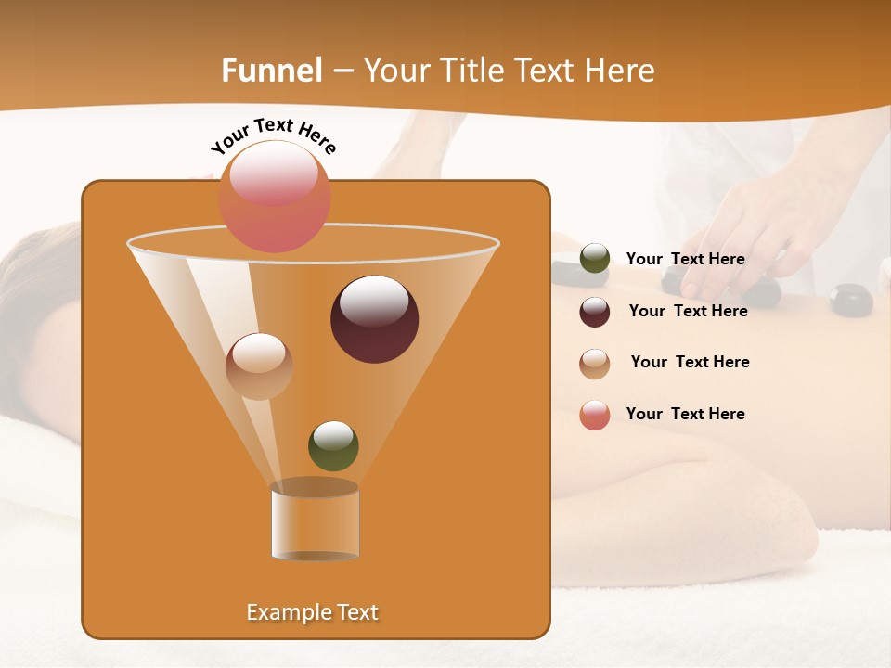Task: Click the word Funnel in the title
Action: (x=272, y=71)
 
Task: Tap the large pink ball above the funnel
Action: (x=275, y=196)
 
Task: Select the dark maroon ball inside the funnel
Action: (x=374, y=319)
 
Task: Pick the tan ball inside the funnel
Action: (x=259, y=366)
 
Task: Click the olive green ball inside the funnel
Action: (x=333, y=445)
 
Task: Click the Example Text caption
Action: (x=312, y=612)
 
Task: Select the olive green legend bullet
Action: (x=595, y=259)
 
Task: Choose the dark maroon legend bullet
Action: (x=595, y=312)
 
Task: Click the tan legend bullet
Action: (x=595, y=364)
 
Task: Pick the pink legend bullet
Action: (x=595, y=415)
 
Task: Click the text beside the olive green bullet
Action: (x=686, y=260)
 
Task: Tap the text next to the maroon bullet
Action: (x=688, y=312)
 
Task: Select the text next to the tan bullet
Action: (x=690, y=363)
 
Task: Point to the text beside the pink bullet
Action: (x=686, y=415)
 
